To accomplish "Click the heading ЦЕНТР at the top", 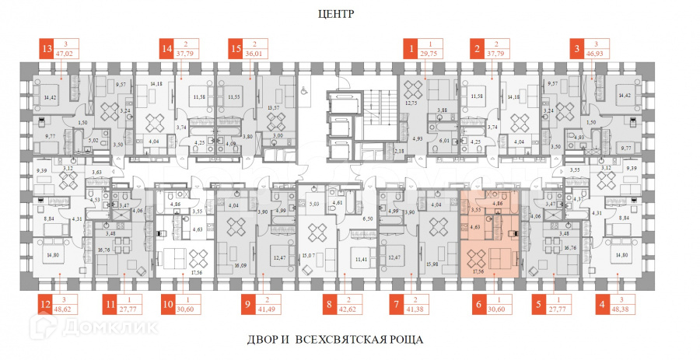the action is tap(336, 14).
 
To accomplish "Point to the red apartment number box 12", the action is tap(47, 305).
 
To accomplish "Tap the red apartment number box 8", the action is tap(330, 305).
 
